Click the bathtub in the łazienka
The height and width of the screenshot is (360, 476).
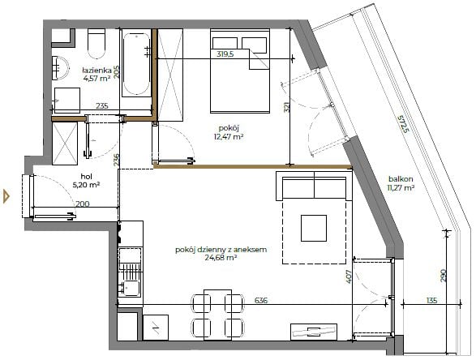pos(136,63)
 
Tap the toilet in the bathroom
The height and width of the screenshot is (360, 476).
pos(96,43)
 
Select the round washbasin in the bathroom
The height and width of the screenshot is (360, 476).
pos(60,68)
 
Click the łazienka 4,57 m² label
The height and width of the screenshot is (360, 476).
pos(96,75)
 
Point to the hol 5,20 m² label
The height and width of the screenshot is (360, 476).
pos(87,181)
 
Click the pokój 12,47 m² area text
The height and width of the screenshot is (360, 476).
pos(229,132)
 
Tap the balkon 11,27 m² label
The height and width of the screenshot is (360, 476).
pos(401,183)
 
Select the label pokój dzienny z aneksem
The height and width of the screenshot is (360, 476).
pos(221,250)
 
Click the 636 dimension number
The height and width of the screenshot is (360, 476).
pos(261,301)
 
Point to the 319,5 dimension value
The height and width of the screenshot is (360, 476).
pos(225,54)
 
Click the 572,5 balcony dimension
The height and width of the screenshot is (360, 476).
pos(404,124)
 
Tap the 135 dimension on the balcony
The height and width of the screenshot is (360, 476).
pos(431,301)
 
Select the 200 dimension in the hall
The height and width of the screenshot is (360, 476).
pos(82,204)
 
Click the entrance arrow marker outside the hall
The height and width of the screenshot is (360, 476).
pos(6,196)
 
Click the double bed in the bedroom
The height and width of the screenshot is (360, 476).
pos(240,71)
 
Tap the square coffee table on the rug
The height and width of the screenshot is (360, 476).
pos(314,228)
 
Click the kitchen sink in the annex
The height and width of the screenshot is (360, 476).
pos(131,289)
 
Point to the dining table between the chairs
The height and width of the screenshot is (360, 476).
pos(217,314)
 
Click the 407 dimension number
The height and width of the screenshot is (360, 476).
pos(348,276)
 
